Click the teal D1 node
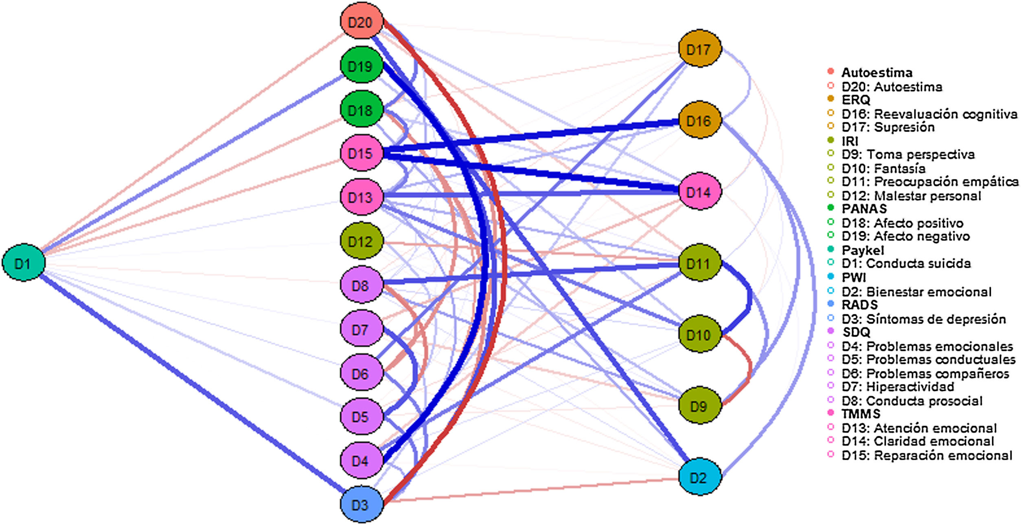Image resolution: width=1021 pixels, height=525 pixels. (23, 263)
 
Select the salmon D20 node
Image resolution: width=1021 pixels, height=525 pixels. (362, 21)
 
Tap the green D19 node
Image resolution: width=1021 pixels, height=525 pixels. (362, 66)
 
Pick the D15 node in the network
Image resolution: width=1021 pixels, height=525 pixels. (362, 153)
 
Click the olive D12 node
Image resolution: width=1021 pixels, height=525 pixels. (362, 241)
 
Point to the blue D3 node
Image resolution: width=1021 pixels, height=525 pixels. (362, 505)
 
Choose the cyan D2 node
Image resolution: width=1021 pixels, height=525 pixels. (699, 477)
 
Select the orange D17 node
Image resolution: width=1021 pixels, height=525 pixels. (699, 49)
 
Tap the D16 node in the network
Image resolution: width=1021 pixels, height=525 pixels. (699, 120)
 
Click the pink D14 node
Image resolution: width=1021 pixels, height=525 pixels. (699, 192)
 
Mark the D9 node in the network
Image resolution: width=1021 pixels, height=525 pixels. (699, 406)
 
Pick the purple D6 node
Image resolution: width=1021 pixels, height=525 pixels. (362, 373)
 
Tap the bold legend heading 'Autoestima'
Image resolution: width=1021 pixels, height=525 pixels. (876, 73)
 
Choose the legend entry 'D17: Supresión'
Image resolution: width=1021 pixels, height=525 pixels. (887, 127)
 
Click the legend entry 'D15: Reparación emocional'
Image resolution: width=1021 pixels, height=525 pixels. (926, 455)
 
